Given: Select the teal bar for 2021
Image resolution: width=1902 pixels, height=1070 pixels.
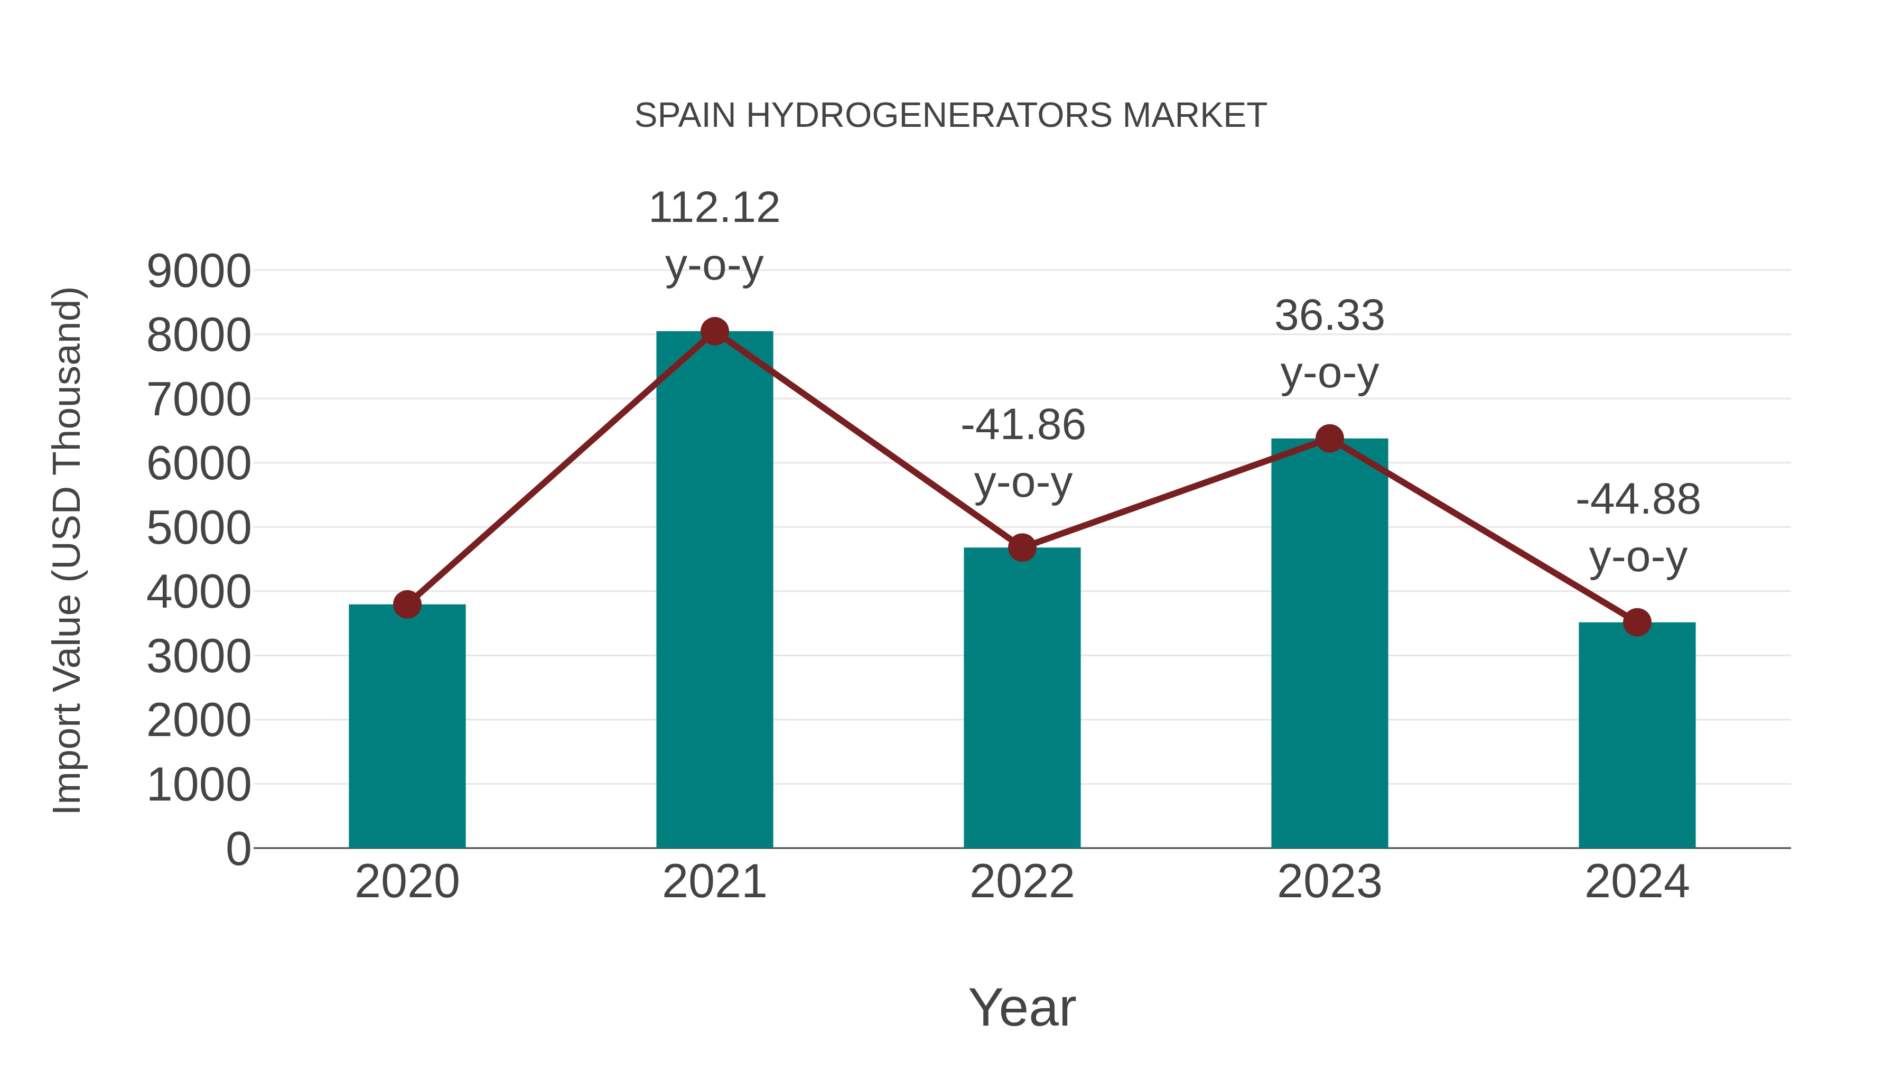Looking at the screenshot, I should pyautogui.click(x=714, y=591).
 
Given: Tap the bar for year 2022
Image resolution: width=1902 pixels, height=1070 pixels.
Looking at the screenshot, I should pyautogui.click(x=1022, y=698).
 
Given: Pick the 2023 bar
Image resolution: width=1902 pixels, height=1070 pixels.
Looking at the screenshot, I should pyautogui.click(x=1329, y=643).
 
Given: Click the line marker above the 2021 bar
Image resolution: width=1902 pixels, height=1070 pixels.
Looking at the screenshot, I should pyautogui.click(x=714, y=331).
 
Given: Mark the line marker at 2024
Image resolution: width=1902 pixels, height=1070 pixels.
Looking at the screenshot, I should pyautogui.click(x=1637, y=622).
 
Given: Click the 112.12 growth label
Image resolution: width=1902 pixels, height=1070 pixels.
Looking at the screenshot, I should pyautogui.click(x=714, y=208).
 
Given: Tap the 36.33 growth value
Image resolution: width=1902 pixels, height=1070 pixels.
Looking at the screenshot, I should pyautogui.click(x=1329, y=316).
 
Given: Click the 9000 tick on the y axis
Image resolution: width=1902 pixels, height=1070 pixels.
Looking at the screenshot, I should pyautogui.click(x=199, y=271).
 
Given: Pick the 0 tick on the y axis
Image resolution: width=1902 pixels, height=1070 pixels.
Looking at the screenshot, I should pyautogui.click(x=238, y=849).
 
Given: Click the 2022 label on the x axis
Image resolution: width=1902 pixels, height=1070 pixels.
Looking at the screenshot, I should pyautogui.click(x=1022, y=882).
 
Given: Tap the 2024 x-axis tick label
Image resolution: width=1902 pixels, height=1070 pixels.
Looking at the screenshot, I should pyautogui.click(x=1637, y=882).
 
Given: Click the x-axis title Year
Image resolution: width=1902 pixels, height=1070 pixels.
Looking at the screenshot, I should pyautogui.click(x=1022, y=1007).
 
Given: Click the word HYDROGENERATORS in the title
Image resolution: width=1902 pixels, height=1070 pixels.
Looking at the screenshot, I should pyautogui.click(x=929, y=116).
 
